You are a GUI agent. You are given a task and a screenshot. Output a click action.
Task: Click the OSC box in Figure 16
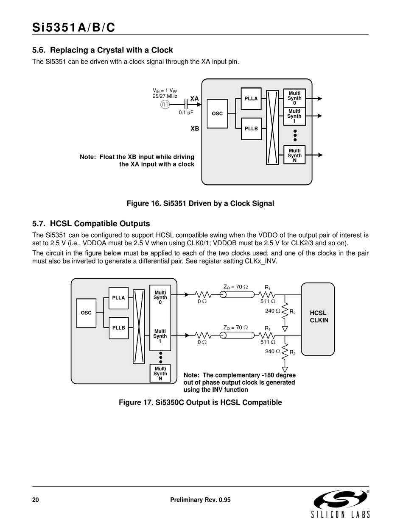pyautogui.click(x=217, y=114)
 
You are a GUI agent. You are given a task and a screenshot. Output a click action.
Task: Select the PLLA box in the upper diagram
pyautogui.click(x=251, y=99)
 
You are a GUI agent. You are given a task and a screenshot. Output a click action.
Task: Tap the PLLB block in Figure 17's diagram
pyautogui.click(x=119, y=328)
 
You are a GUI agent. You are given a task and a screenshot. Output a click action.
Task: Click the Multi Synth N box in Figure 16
pyautogui.click(x=294, y=155)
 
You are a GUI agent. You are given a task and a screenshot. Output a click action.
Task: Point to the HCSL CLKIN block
pyautogui.click(x=319, y=317)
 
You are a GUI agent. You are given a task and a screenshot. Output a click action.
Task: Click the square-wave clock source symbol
pyautogui.click(x=165, y=105)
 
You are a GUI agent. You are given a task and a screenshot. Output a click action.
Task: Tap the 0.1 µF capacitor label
pyautogui.click(x=186, y=113)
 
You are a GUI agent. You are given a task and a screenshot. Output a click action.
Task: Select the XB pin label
pyautogui.click(x=195, y=128)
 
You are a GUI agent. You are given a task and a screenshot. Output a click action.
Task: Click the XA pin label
pyautogui.click(x=194, y=99)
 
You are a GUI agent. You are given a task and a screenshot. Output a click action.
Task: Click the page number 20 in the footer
pyautogui.click(x=36, y=500)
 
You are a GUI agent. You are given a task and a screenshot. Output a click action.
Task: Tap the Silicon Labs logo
pyautogui.click(x=341, y=504)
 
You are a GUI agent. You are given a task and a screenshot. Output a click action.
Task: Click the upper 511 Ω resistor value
pyautogui.click(x=268, y=302)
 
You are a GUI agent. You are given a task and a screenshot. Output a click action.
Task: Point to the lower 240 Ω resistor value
pyautogui.click(x=273, y=352)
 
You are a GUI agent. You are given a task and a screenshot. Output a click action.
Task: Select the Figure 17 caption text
pyautogui.click(x=200, y=402)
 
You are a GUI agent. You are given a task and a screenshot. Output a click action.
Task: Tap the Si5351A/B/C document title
pyautogui.click(x=74, y=28)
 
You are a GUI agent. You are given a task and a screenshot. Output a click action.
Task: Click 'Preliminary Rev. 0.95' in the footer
pyautogui.click(x=200, y=500)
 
